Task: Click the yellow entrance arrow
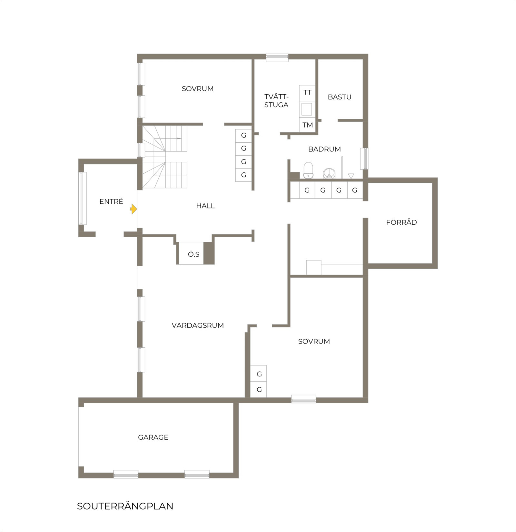134,209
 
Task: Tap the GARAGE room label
153,437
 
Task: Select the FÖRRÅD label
402,222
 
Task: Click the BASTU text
340,97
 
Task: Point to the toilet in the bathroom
308,170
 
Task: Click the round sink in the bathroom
329,173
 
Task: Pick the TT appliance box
307,93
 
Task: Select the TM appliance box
307,125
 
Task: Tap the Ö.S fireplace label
193,254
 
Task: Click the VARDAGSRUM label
198,325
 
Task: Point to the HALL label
205,206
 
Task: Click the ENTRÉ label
111,201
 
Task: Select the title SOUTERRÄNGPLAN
125,506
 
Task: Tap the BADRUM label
324,149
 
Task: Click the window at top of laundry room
277,58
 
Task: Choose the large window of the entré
83,198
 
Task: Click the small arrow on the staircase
179,138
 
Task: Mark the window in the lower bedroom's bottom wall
303,399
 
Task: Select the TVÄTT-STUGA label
276,101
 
